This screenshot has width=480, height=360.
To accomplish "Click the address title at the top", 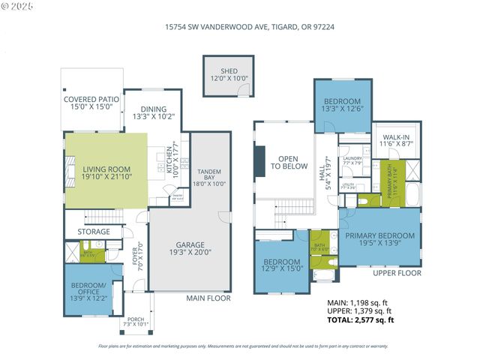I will pyautogui.click(x=240, y=25).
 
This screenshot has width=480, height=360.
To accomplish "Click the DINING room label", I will pyautogui.click(x=153, y=112).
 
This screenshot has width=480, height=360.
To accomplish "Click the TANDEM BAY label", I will pyautogui.click(x=210, y=177).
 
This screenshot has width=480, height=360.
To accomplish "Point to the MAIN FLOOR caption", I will pyautogui.click(x=207, y=298).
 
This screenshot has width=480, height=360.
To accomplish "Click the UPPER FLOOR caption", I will pyautogui.click(x=397, y=273).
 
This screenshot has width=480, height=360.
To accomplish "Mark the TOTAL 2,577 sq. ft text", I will pyautogui.click(x=361, y=320).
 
